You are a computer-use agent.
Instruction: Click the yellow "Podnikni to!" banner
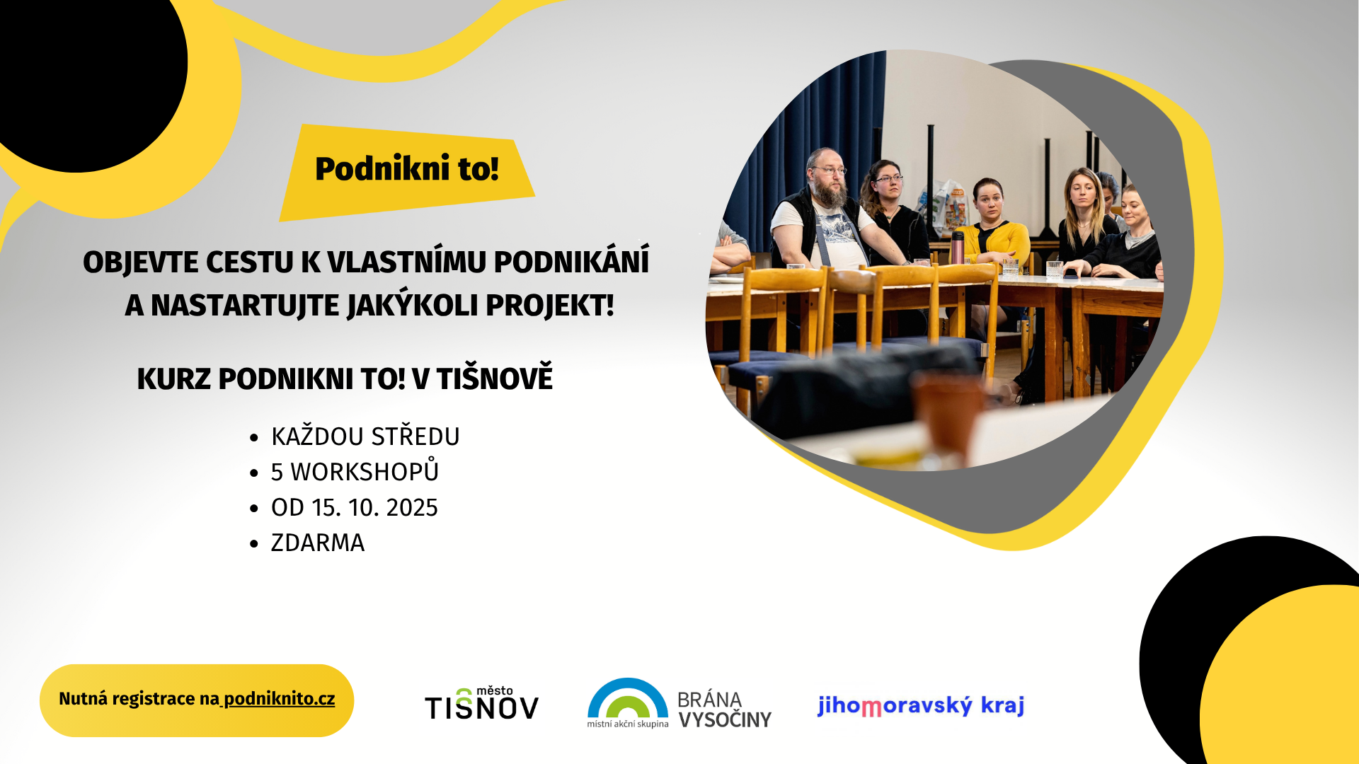pos(407,172)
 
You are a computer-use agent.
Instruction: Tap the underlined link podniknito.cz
pos(280,699)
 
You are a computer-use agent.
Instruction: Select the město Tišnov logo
pos(482,702)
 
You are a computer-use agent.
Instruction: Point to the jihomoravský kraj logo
pos(921,705)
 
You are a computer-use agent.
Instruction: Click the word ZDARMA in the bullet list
pos(318,543)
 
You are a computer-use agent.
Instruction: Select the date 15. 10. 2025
pos(375,508)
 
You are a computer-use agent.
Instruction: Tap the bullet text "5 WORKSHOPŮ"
pos(355,470)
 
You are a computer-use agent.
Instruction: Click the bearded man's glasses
pos(830,170)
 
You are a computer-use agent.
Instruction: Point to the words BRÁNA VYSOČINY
pos(725,710)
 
